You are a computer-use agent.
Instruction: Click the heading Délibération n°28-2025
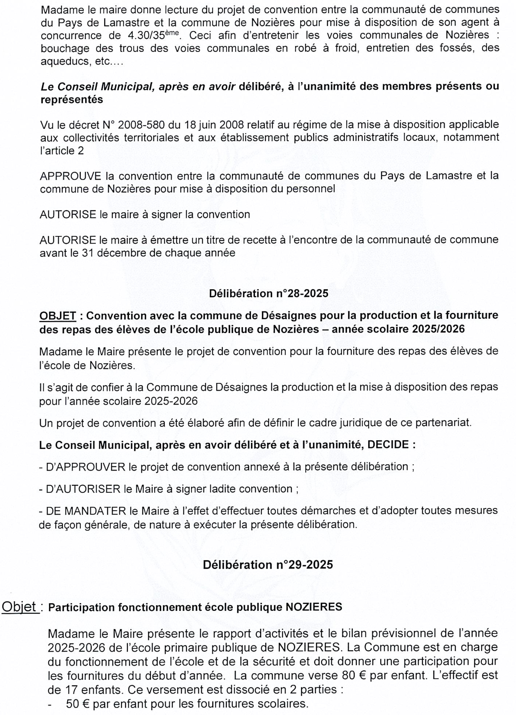[x=269, y=293]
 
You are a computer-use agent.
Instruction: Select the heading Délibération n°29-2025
[x=268, y=565]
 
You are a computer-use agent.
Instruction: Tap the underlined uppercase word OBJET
[x=58, y=316]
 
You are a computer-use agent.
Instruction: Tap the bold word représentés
[x=72, y=100]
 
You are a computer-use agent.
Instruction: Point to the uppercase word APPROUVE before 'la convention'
[x=70, y=176]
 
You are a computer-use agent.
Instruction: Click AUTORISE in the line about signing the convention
[x=68, y=214]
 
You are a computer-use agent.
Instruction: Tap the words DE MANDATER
[x=85, y=511]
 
